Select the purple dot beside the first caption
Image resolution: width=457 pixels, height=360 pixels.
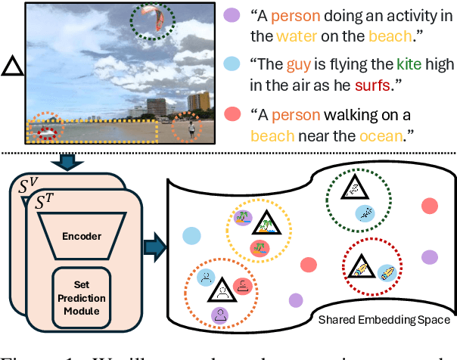click(x=233, y=15)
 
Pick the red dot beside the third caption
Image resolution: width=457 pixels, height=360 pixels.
click(x=233, y=115)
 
